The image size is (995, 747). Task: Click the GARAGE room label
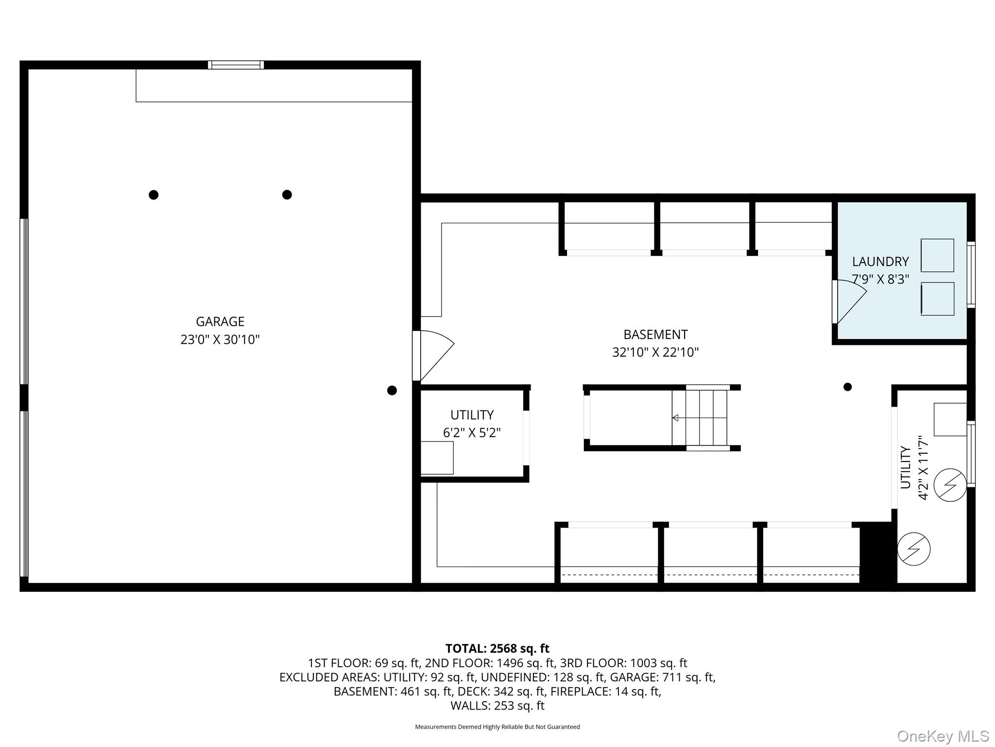coord(220,321)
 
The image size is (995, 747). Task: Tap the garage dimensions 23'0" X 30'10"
coord(220,339)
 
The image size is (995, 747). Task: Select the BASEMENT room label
coord(655,335)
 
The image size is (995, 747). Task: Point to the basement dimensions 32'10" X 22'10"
coord(655,352)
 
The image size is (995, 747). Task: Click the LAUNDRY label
coord(880,262)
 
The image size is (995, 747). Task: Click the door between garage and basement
coord(432,356)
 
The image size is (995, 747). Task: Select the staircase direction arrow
coord(675,418)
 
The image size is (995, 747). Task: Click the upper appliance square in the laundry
coord(937,255)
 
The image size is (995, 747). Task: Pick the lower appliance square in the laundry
coord(937,299)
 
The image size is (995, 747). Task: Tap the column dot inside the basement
coord(847,387)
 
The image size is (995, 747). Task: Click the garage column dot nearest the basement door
coord(392,391)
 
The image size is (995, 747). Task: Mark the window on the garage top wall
coord(236,65)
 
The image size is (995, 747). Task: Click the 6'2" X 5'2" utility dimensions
coord(471,433)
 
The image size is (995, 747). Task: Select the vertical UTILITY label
coord(905,467)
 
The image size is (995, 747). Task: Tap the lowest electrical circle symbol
coord(913,549)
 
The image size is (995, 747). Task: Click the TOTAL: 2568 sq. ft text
coord(497,649)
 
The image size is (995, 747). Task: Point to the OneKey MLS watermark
coord(943,736)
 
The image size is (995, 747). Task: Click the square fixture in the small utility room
coord(437,458)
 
